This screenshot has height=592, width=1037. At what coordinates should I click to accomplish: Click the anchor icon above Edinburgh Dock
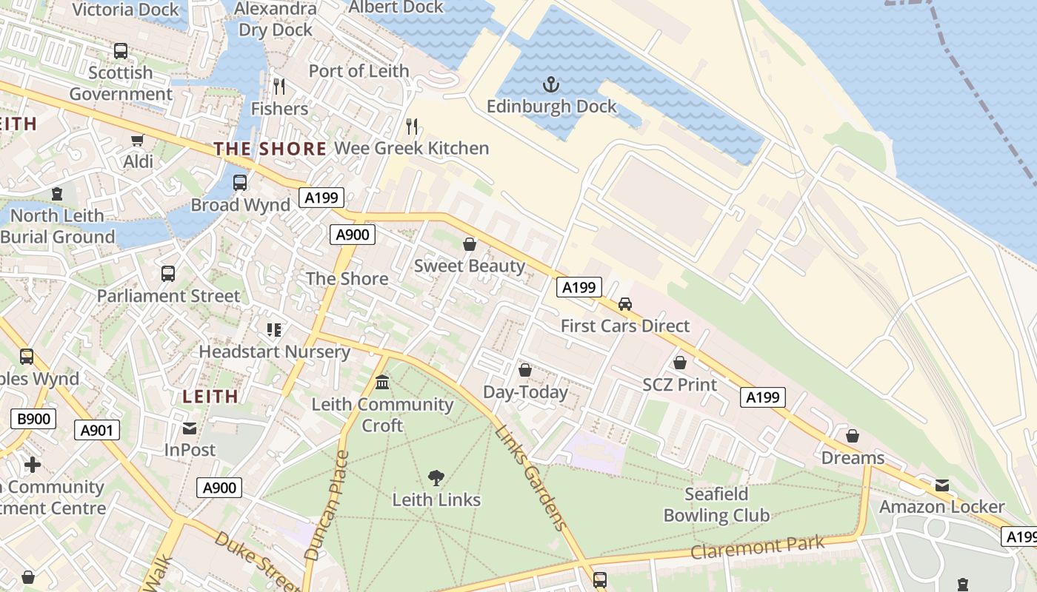pos(550,84)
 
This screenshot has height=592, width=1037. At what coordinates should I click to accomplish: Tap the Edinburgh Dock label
pos(551,107)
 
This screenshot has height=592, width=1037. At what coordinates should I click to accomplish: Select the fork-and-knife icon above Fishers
pos(279,87)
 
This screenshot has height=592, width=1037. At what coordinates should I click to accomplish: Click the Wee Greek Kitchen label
pos(411,148)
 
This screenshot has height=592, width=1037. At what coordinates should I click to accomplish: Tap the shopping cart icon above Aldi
pos(137,140)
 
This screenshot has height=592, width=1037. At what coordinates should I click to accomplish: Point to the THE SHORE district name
pos(270,149)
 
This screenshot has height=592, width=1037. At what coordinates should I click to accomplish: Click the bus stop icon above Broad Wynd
pos(240,183)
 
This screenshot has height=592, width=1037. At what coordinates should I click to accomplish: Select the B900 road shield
pos(34,419)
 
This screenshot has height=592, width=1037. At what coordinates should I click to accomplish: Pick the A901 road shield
pos(97,430)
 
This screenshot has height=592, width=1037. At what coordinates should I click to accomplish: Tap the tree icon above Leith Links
pos(436,478)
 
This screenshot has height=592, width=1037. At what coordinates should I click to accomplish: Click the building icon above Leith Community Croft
pos(382,383)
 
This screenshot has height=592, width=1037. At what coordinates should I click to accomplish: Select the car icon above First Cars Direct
pos(625,304)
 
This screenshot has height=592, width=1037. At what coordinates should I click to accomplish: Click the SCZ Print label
pos(679,385)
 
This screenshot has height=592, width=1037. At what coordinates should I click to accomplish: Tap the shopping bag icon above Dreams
pos(853,436)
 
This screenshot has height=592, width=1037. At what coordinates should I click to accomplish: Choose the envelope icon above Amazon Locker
pos(941,485)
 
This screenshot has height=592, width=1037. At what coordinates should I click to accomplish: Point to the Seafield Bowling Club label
pos(716,505)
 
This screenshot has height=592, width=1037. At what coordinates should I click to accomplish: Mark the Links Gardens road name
pos(531,478)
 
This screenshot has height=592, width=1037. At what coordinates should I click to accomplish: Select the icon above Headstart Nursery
pos(274,330)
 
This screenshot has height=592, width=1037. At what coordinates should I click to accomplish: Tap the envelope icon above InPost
pos(190,428)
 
